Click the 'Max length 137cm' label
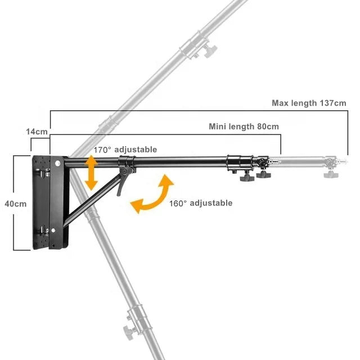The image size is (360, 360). point(309,103)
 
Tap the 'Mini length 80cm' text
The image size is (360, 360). point(244,127)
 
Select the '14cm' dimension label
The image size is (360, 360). point(37,131)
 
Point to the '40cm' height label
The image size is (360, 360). point(16,204)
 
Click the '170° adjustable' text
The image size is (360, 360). point(125,150)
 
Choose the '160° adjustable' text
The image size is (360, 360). point(201,203)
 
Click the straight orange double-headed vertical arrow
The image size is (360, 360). point(89,173)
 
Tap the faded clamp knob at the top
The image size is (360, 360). point(210,52)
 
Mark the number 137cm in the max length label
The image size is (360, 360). point(333,103)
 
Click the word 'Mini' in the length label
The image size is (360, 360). point(218,127)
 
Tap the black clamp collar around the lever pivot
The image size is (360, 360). point(127,164)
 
